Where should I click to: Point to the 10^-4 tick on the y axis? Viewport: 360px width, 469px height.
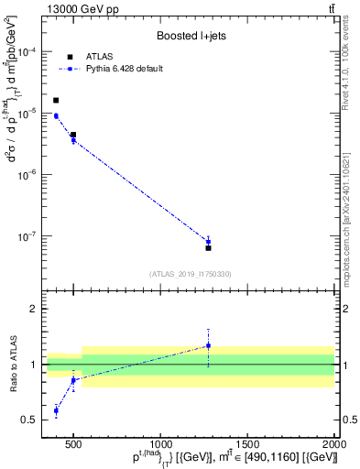(x=27, y=52)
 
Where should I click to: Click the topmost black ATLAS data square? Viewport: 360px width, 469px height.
(x=56, y=101)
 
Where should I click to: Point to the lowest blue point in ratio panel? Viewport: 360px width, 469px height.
(x=56, y=410)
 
